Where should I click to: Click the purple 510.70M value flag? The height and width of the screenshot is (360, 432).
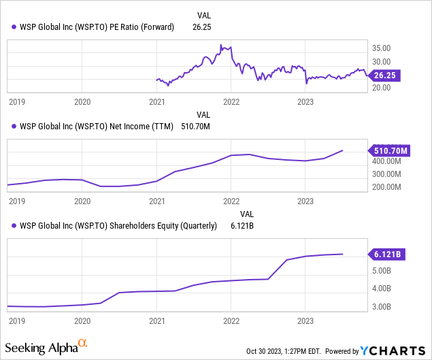coord(388,150)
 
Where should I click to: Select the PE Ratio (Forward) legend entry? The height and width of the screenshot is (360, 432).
coord(93,27)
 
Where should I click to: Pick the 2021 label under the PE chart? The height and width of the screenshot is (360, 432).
coord(156,101)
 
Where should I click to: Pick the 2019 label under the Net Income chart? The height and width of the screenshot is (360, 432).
coord(18,201)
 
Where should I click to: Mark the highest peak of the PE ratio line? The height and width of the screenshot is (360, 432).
coord(221,46)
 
